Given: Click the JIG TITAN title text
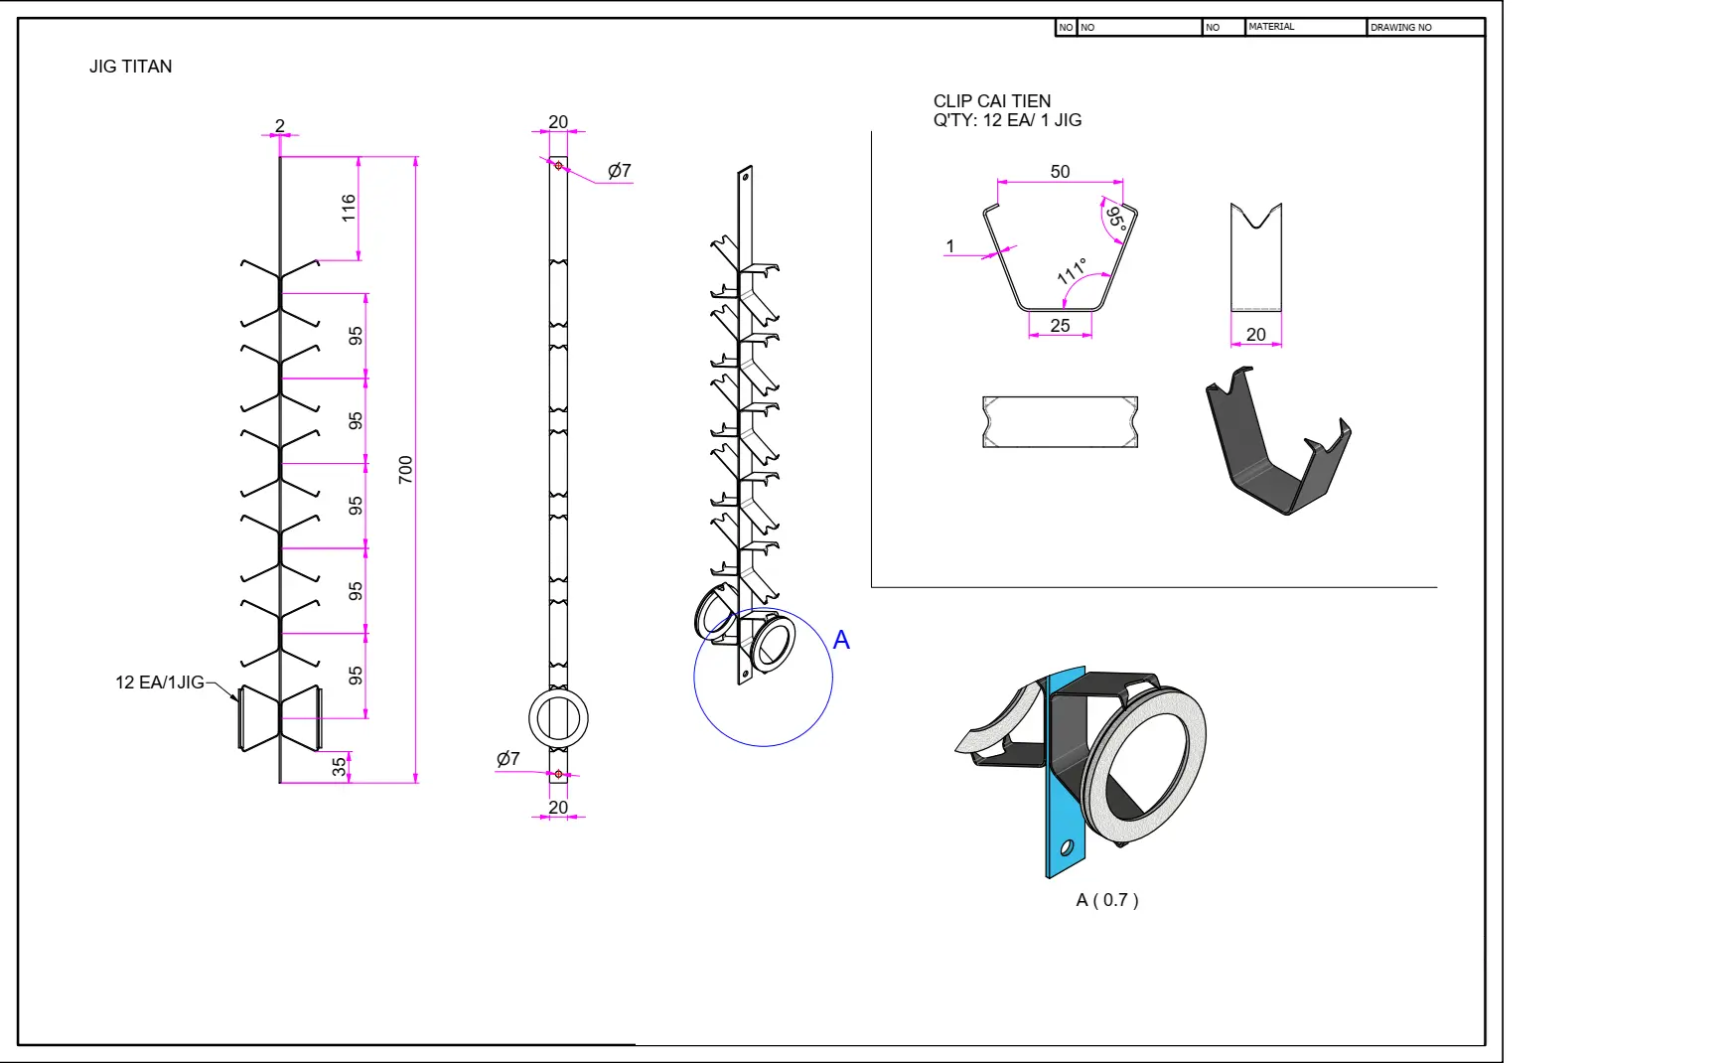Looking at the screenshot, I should point(130,67).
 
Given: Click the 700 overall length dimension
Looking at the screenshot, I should point(405,469).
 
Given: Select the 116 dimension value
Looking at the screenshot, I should point(349,208).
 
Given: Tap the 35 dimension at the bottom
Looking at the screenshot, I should point(340,766).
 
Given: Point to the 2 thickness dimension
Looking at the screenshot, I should point(280,125).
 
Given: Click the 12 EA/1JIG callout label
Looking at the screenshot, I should point(159,683).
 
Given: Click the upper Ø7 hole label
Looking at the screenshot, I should point(620,171).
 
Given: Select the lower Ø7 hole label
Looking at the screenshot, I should point(507,759).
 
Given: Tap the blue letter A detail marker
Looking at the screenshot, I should point(841,641).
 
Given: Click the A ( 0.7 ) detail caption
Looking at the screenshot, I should point(1107,900).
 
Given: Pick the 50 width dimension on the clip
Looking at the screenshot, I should point(1060,172).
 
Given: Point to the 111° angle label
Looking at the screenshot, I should point(1072,271).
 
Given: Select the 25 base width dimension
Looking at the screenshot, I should point(1060,326).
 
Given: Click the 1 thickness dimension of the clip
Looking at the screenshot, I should point(950,246).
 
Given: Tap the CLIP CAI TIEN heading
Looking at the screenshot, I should point(991,101).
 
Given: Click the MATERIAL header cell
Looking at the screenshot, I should point(1271,27).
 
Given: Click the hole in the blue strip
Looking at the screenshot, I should point(1067,847).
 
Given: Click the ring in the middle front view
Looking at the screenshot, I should point(558,717).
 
